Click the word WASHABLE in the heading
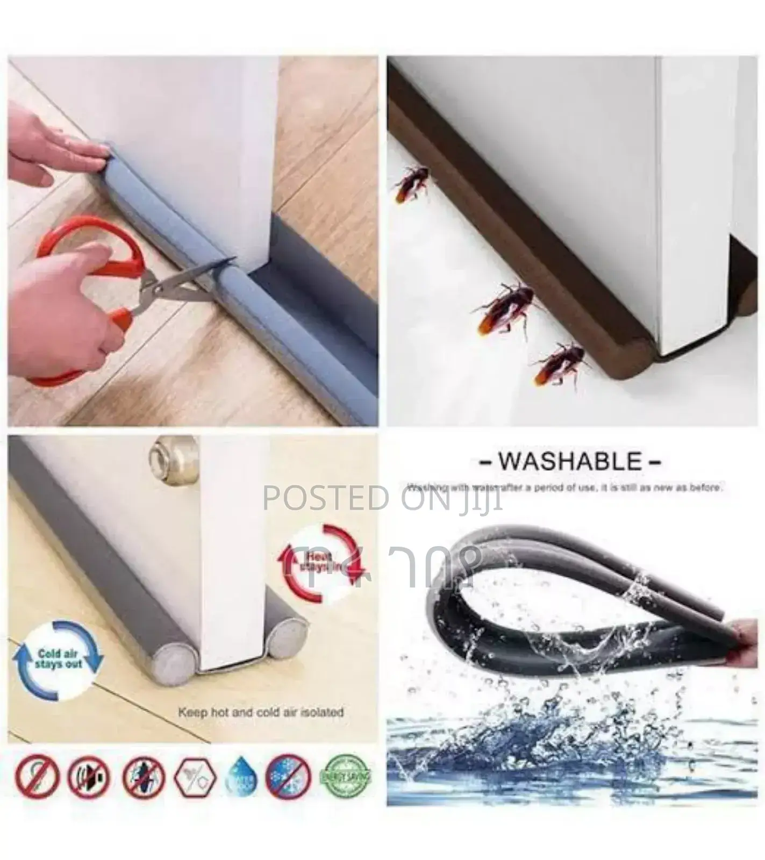[x=569, y=462]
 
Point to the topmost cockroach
[x=411, y=183]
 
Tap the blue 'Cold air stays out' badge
[x=58, y=660]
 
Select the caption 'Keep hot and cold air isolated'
[x=261, y=713]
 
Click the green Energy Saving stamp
[x=345, y=776]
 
